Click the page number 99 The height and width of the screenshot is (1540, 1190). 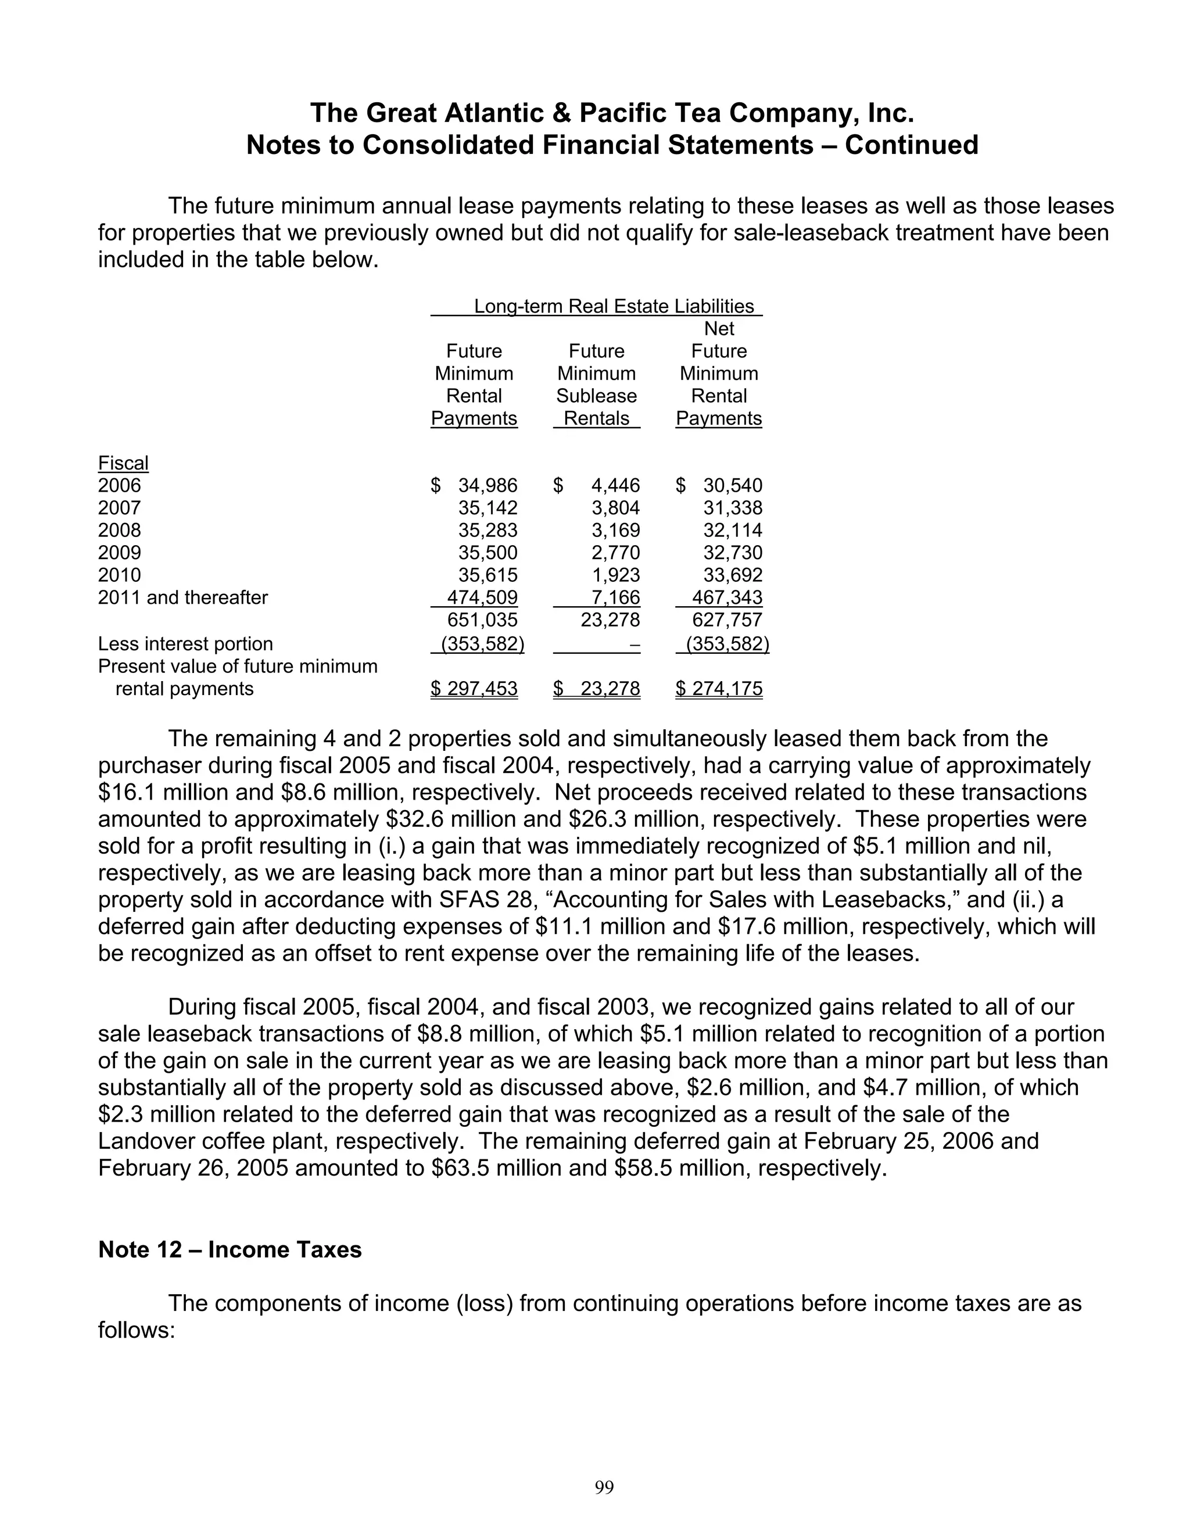(604, 1487)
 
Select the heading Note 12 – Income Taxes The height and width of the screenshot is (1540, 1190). (230, 1249)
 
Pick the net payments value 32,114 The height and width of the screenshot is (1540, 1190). (733, 530)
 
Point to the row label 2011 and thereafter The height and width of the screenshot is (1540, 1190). (182, 597)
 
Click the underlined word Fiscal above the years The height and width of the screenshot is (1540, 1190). (123, 463)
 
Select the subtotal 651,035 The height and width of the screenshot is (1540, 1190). (482, 620)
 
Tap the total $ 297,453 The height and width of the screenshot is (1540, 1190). (475, 688)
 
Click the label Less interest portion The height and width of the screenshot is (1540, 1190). (185, 644)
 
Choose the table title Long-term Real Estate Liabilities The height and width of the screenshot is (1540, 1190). (614, 306)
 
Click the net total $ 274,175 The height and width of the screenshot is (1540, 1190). (719, 688)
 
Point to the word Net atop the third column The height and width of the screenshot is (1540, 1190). (719, 328)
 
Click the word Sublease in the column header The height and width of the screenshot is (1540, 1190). (596, 396)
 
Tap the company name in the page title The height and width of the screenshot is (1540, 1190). (612, 113)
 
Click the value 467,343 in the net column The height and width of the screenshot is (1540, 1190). (727, 597)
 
